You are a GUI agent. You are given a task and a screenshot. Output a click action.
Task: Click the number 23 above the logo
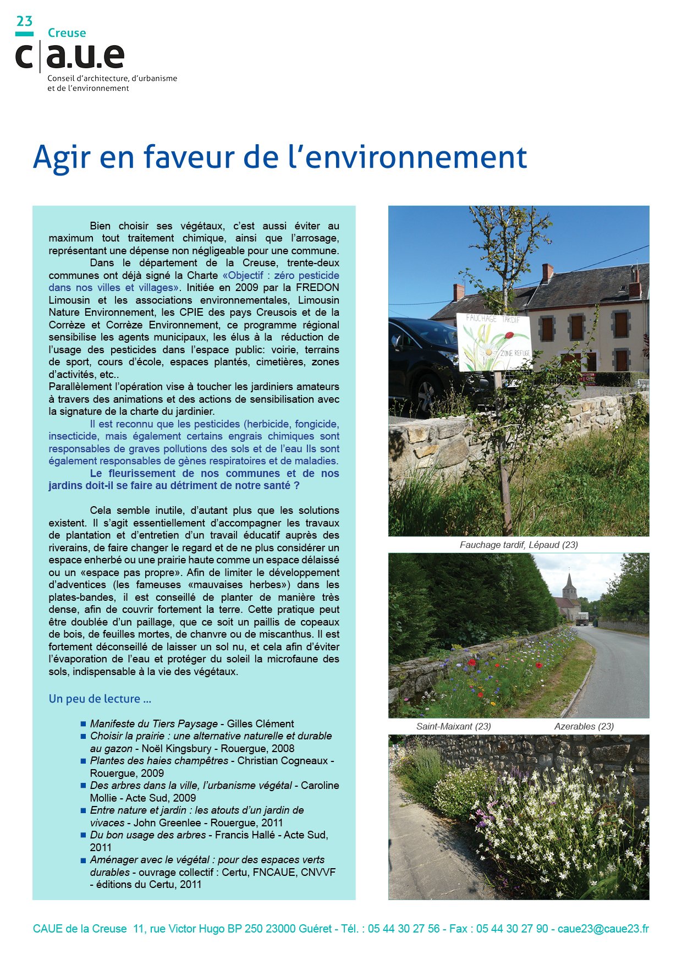(x=24, y=21)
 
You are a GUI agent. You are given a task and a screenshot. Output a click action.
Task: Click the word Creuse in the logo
(x=67, y=33)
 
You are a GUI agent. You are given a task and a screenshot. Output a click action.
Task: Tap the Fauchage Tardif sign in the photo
(x=493, y=342)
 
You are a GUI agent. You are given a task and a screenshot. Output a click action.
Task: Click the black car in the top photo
(x=424, y=358)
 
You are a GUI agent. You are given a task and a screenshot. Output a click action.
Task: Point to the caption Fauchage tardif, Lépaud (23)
(x=518, y=545)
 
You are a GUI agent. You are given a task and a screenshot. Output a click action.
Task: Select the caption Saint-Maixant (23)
(x=453, y=726)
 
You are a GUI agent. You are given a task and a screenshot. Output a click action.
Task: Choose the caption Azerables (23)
(x=584, y=726)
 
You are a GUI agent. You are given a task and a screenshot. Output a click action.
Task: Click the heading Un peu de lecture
(x=100, y=699)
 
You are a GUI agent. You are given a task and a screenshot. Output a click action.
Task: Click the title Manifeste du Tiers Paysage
(x=153, y=723)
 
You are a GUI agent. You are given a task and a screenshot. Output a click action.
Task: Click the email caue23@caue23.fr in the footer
(x=603, y=929)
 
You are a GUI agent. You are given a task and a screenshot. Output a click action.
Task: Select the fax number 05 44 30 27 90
(x=512, y=929)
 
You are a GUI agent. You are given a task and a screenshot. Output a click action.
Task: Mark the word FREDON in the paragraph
(x=317, y=288)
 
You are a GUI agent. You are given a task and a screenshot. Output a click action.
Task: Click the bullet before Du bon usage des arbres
(x=83, y=835)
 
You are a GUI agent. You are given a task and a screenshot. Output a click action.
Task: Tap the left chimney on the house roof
(x=459, y=292)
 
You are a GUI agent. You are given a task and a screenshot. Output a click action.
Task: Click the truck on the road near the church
(x=582, y=619)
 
